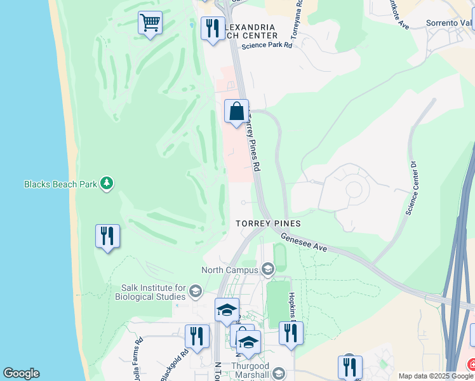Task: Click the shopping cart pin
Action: click(x=150, y=23)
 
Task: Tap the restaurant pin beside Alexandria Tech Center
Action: click(x=212, y=29)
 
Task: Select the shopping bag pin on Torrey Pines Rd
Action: click(x=236, y=112)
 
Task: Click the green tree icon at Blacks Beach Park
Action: click(x=107, y=184)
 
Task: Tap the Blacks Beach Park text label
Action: click(x=61, y=184)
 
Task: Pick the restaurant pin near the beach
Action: click(x=107, y=237)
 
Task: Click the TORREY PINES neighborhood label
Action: click(x=267, y=224)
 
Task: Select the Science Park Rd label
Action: click(x=267, y=45)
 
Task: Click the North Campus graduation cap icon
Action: click(x=267, y=269)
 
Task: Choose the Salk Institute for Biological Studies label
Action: click(x=150, y=292)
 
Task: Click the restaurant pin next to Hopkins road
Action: click(x=291, y=333)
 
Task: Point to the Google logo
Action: click(x=21, y=373)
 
